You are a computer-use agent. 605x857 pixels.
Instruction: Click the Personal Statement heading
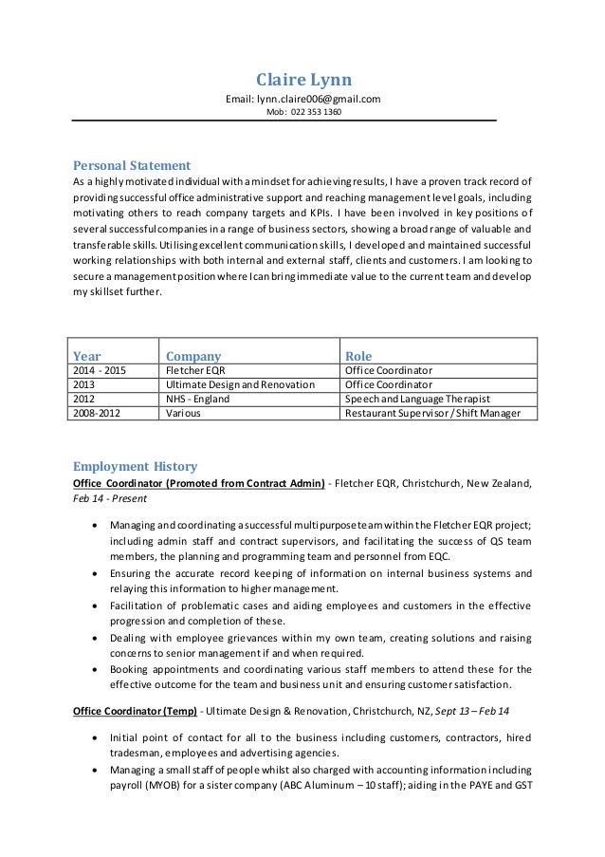coord(132,164)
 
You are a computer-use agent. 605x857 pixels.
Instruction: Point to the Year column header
coord(87,355)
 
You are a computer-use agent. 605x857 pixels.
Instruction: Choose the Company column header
coord(193,355)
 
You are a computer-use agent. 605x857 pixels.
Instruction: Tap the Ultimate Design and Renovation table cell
coord(239,384)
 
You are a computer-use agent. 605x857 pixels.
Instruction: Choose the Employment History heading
coord(136,466)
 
